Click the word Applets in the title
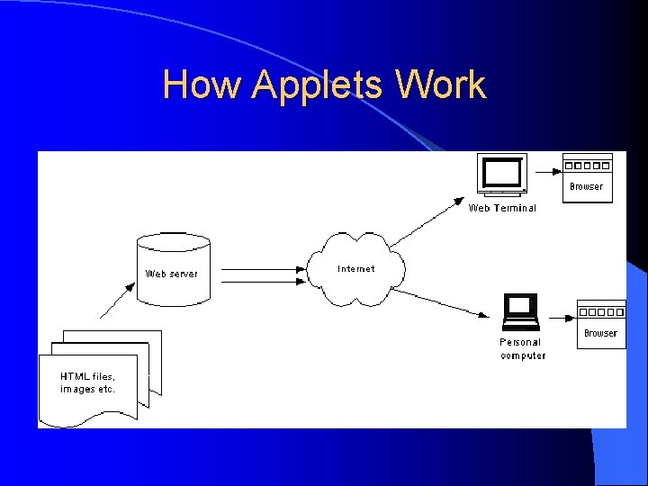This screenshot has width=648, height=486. click(x=318, y=86)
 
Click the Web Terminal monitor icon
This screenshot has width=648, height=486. click(x=501, y=175)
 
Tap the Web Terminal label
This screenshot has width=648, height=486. click(x=502, y=208)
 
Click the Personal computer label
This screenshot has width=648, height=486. click(x=522, y=348)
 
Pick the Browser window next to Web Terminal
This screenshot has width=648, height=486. click(x=587, y=177)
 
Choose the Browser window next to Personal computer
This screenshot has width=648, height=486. click(x=600, y=324)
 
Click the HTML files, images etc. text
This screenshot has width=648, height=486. click(x=87, y=382)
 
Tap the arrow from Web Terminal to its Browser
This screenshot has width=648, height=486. click(x=543, y=170)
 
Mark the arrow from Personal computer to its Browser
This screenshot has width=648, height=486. click(x=558, y=317)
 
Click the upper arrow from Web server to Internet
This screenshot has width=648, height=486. click(x=261, y=268)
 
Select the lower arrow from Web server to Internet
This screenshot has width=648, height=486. click(x=261, y=282)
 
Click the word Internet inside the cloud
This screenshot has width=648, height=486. click(x=356, y=268)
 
